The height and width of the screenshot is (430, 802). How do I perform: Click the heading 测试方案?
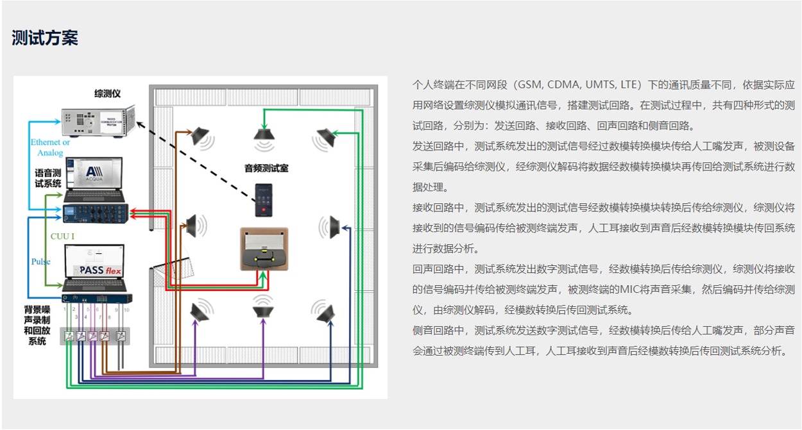[x=45, y=38]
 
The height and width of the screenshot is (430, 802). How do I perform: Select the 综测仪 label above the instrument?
[x=107, y=94]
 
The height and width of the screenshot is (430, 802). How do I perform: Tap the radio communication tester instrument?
[x=96, y=120]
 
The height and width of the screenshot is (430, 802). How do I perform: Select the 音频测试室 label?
[x=266, y=168]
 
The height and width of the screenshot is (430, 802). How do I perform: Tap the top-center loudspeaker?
[x=264, y=135]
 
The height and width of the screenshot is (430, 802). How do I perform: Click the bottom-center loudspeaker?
[x=263, y=311]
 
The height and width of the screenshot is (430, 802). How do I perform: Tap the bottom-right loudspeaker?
[x=326, y=312]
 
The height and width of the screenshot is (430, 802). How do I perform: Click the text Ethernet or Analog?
[x=50, y=147]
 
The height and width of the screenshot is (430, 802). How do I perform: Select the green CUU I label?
[x=62, y=236]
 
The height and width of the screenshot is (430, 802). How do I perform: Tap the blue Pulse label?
[x=41, y=261]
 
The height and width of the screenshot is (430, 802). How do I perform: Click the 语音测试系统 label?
[x=48, y=178]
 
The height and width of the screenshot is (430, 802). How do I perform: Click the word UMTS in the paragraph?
[x=599, y=84]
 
